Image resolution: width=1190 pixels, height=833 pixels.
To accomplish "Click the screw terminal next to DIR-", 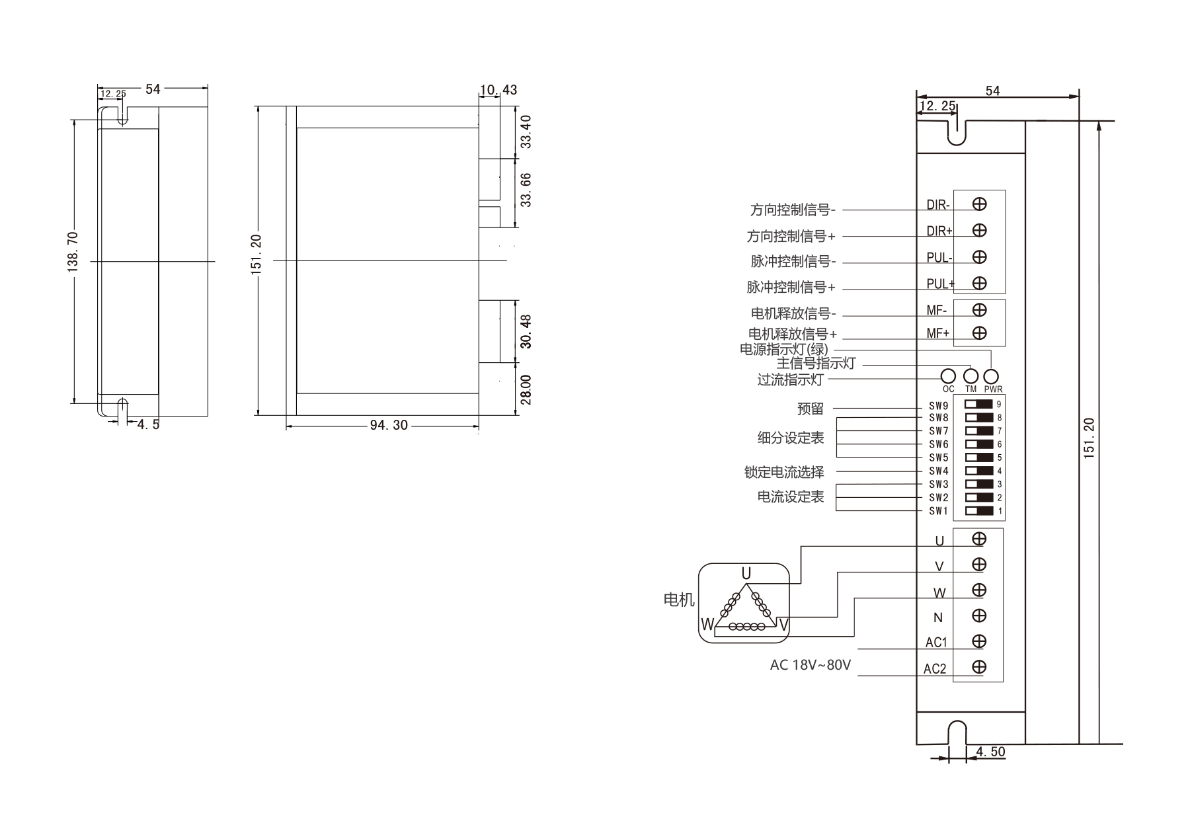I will tap(980, 204).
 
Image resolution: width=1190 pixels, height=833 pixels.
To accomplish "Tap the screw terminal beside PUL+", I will tap(980, 283).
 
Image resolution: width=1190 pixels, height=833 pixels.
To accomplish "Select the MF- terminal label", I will tap(936, 310).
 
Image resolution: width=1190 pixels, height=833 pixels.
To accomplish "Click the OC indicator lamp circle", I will tap(948, 376).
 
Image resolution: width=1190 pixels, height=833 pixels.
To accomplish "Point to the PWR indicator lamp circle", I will tap(991, 376).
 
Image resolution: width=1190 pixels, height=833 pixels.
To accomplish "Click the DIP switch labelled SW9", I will tap(979, 404).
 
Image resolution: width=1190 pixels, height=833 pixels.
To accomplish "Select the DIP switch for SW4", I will tap(979, 471).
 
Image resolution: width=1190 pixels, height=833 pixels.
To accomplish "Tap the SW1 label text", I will tap(938, 511).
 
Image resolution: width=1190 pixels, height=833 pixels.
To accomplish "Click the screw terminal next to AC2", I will tap(980, 667).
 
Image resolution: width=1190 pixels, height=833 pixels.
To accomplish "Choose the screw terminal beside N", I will tap(980, 615).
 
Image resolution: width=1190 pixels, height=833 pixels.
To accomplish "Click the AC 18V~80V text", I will tap(810, 665).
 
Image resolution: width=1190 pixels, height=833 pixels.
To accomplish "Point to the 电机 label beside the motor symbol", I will tap(679, 600).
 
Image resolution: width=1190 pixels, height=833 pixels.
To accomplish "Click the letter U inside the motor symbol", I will tap(746, 573).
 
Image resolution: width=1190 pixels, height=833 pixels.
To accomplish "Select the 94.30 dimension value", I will tap(389, 425).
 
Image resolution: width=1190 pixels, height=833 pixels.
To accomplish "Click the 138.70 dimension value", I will tap(73, 251).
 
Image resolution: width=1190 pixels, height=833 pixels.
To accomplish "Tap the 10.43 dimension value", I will tap(498, 90).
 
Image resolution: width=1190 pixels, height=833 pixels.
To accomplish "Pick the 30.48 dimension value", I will tap(526, 331).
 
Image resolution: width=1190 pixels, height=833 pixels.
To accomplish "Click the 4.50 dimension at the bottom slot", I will tap(990, 752).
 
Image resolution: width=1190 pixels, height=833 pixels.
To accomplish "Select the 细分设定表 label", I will tap(791, 438).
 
